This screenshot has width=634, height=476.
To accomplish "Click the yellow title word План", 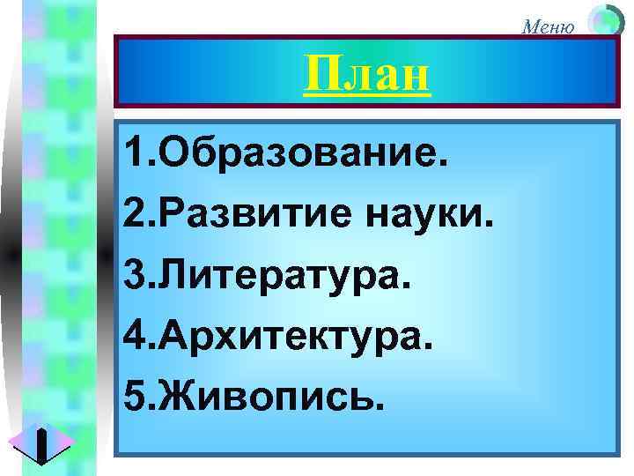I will (367, 76).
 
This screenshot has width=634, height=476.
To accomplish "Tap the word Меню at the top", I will (549, 26).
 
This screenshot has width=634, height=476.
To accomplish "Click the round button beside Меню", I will (604, 20).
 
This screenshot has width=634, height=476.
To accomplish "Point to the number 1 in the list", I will (133, 157).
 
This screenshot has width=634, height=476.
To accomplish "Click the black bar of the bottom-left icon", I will (41, 445).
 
